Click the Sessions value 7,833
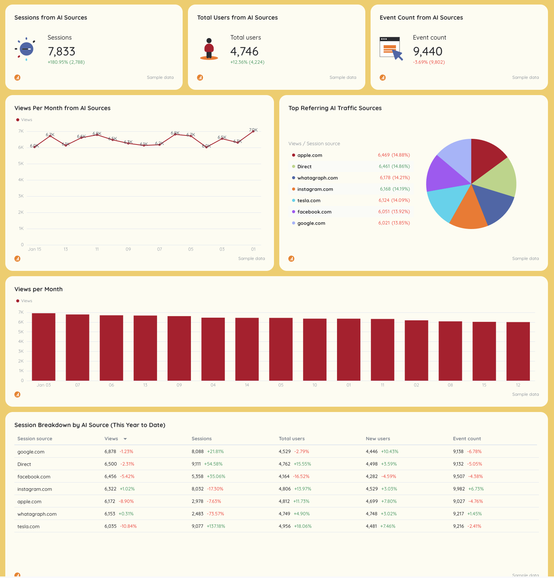click(62, 51)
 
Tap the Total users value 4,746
click(244, 51)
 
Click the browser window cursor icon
click(391, 49)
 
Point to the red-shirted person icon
click(209, 49)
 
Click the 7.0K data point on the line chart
click(253, 131)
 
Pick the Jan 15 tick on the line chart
click(35, 249)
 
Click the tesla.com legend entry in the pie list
click(308, 201)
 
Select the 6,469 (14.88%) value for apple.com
click(394, 155)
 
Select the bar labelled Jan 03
click(44, 347)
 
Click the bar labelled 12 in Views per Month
click(518, 351)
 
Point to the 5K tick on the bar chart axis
click(21, 332)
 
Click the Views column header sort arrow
click(125, 439)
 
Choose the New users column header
click(378, 439)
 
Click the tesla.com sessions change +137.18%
click(216, 526)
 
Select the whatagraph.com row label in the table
click(37, 514)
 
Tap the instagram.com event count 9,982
click(459, 489)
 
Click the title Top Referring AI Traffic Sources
click(335, 108)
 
